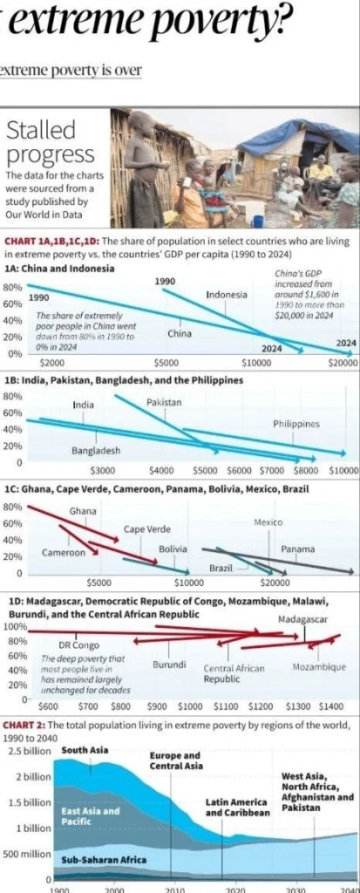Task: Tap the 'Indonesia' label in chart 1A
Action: [x=227, y=295]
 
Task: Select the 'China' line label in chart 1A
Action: [x=180, y=333]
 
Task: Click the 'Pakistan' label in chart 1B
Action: [x=164, y=402]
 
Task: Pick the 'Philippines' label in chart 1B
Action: [x=295, y=424]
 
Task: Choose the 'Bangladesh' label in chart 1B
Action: [x=96, y=451]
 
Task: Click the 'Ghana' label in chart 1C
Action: [x=83, y=511]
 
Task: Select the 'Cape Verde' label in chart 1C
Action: [x=146, y=529]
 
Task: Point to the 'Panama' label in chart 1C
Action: [x=298, y=549]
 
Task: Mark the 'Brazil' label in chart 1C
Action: [x=221, y=569]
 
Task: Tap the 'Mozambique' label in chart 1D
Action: [x=318, y=667]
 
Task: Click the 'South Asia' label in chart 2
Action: [x=85, y=749]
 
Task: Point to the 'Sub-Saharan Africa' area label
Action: [x=104, y=860]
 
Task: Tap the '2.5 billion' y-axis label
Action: [x=29, y=751]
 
